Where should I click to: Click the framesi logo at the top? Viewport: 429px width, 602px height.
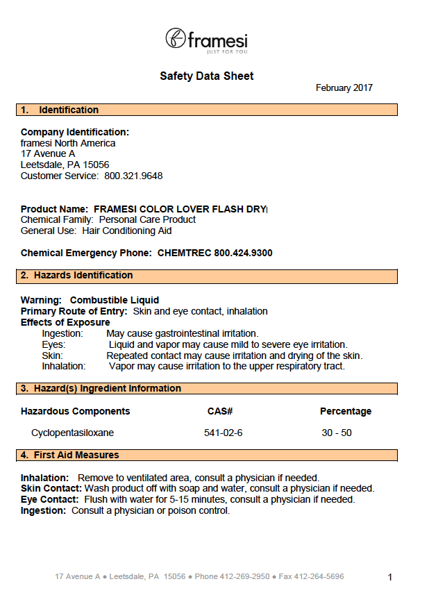tap(206, 40)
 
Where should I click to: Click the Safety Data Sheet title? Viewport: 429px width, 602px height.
tap(207, 76)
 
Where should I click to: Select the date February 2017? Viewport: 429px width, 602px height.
tap(344, 88)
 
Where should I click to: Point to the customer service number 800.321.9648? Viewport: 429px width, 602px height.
tap(133, 176)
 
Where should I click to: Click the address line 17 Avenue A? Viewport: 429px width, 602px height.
tap(48, 153)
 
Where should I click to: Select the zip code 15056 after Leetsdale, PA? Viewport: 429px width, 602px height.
tap(96, 165)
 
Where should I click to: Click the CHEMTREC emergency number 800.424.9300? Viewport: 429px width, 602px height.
tap(243, 253)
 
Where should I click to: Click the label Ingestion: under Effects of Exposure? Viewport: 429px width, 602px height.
tap(62, 333)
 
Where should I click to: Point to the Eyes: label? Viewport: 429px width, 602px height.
tap(53, 344)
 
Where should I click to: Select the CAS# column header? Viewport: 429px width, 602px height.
tap(219, 411)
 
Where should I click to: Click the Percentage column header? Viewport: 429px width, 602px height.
tap(345, 411)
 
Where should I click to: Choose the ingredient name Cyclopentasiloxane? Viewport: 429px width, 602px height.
tap(72, 433)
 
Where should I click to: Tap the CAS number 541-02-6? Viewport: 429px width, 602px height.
tap(223, 433)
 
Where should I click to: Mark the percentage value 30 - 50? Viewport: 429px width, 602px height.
tap(337, 433)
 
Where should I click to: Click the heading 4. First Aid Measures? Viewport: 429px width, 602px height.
tap(69, 455)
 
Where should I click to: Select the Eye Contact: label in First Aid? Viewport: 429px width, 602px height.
tap(49, 499)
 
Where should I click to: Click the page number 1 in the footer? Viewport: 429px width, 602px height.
tap(390, 577)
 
